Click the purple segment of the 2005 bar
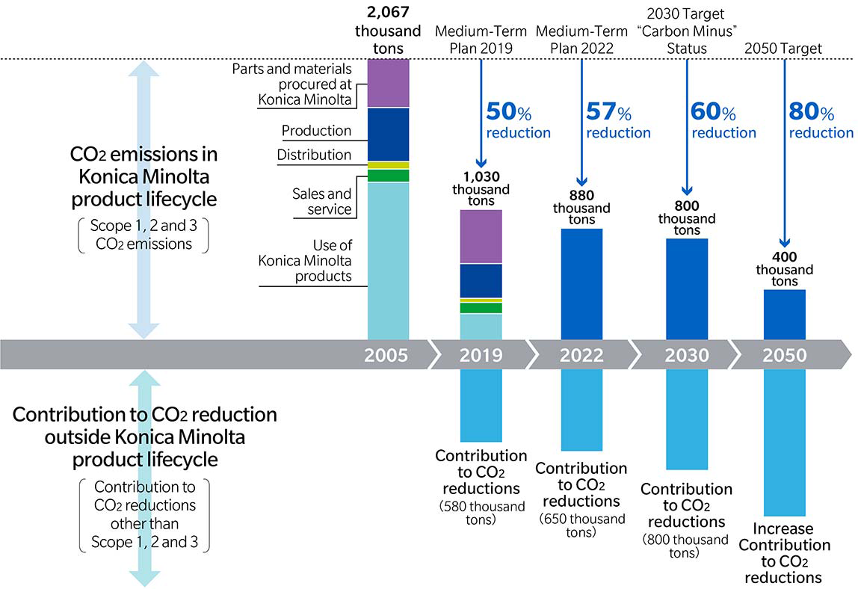[x=388, y=83]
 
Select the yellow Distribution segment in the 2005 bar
[x=388, y=165]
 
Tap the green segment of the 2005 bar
[x=388, y=176]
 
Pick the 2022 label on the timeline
[x=581, y=355]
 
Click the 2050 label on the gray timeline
[x=785, y=355]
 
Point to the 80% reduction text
[x=821, y=122]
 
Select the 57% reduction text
[x=618, y=122]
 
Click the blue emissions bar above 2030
[x=687, y=288]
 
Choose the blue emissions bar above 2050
[x=785, y=314]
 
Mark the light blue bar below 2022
[x=581, y=410]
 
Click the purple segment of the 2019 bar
[x=481, y=236]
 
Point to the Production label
[x=316, y=131]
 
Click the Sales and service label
[x=321, y=202]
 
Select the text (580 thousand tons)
[x=481, y=514]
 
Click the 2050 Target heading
[x=784, y=49]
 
